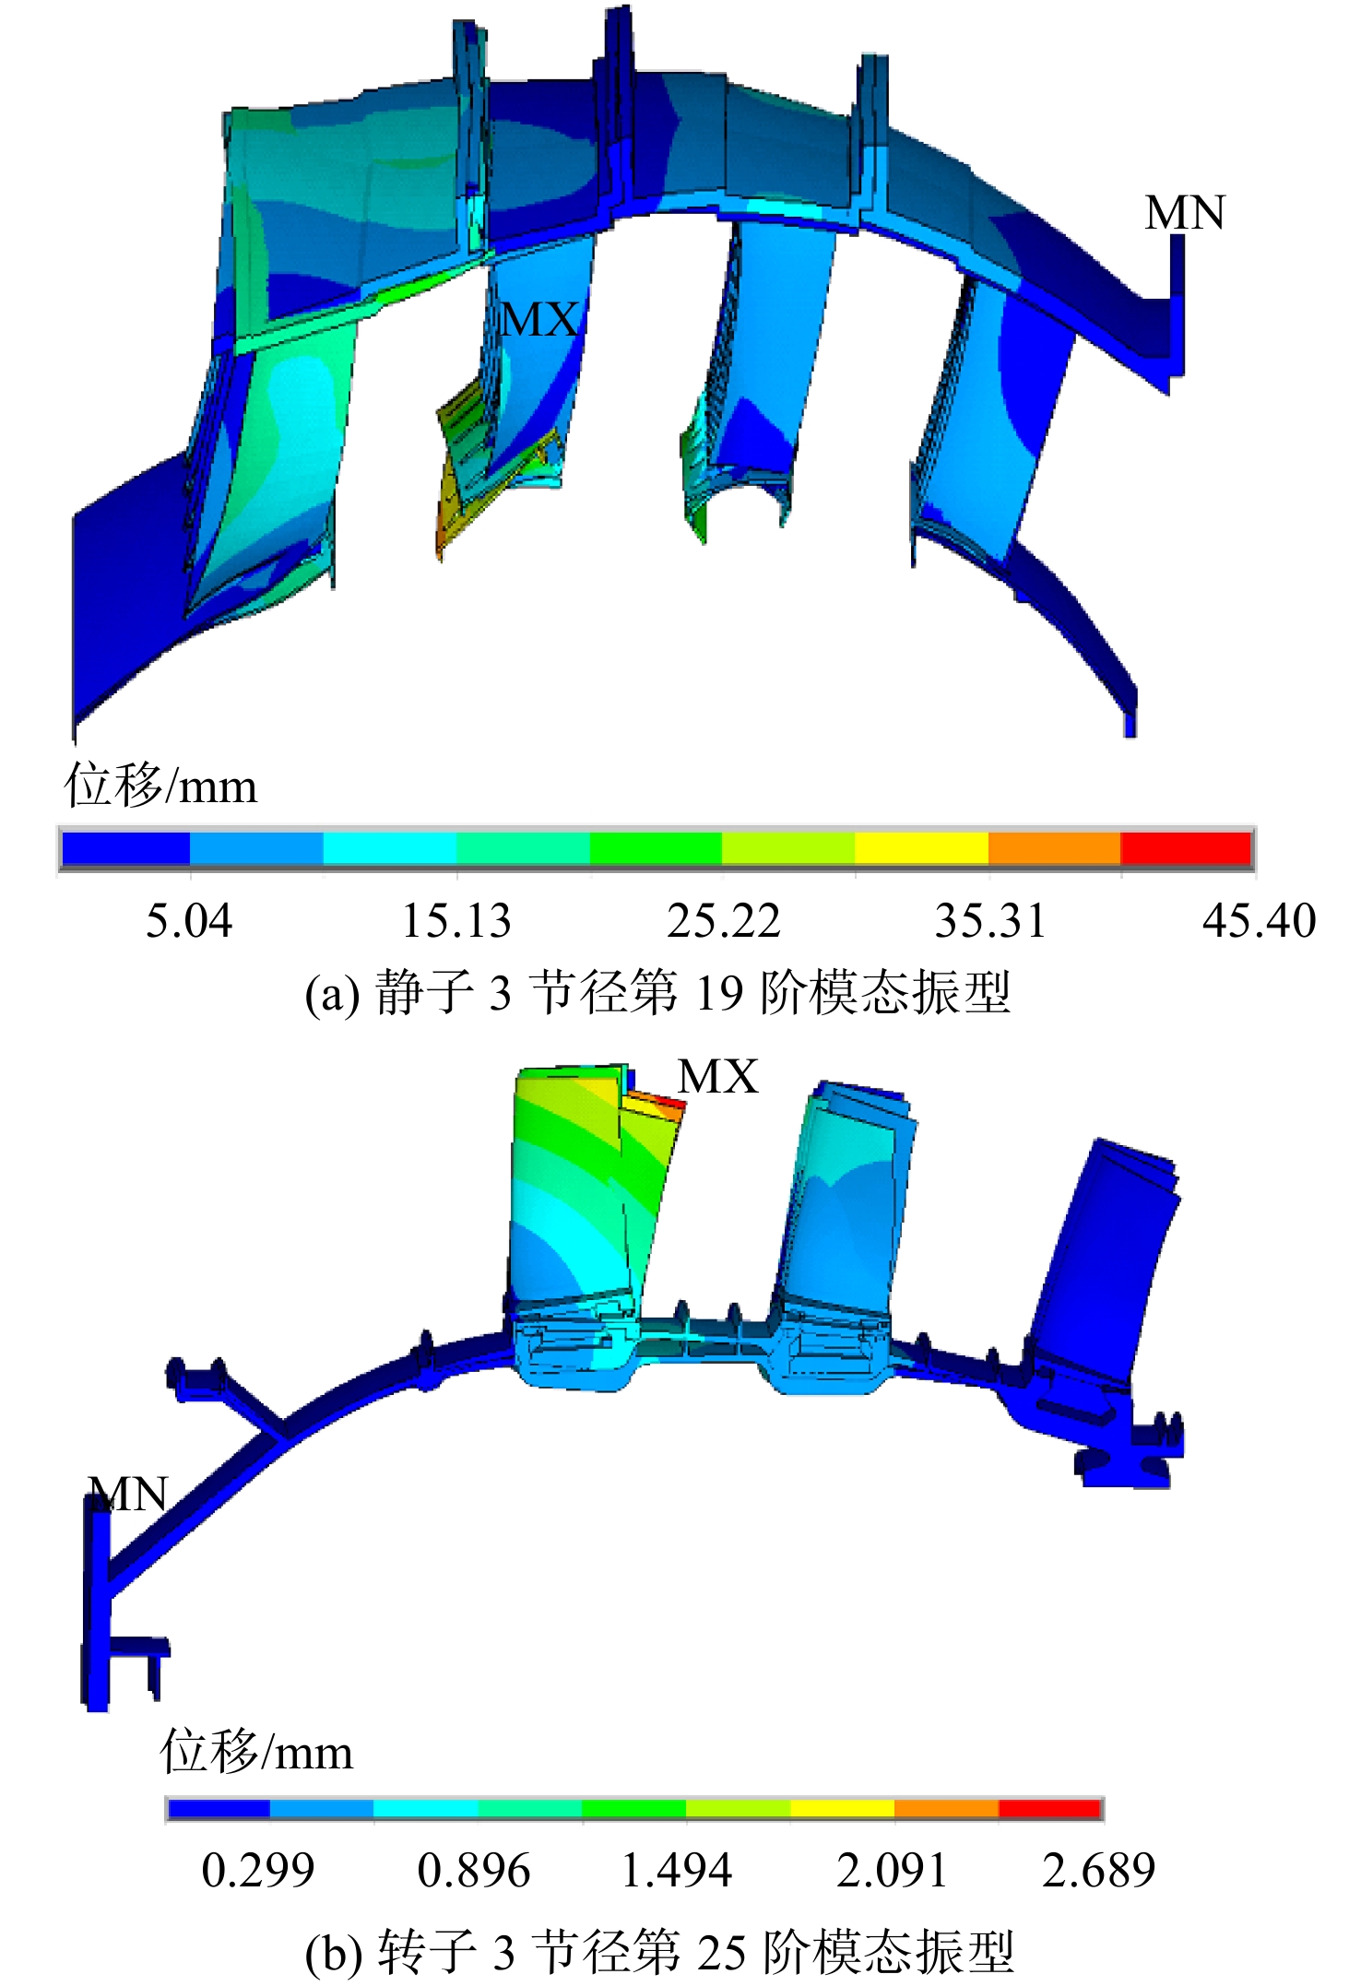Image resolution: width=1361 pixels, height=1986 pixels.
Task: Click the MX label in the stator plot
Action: pos(540,320)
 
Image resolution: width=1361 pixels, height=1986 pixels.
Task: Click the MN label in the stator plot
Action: pos(1185,213)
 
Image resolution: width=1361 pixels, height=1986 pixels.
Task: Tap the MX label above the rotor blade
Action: pos(718,1076)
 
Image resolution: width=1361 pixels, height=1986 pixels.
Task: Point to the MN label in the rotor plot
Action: pos(128,1495)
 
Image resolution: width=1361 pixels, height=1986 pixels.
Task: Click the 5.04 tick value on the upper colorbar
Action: pos(189,921)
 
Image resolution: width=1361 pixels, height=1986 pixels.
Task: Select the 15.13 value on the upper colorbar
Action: pos(456,921)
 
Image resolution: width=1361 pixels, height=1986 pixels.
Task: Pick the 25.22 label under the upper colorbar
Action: pos(724,921)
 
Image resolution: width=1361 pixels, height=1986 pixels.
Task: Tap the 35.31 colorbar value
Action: pos(991,921)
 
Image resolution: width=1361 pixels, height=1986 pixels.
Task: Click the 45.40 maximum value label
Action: pos(1260,921)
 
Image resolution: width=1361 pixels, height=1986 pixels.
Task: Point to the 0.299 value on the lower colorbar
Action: pos(258,1871)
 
